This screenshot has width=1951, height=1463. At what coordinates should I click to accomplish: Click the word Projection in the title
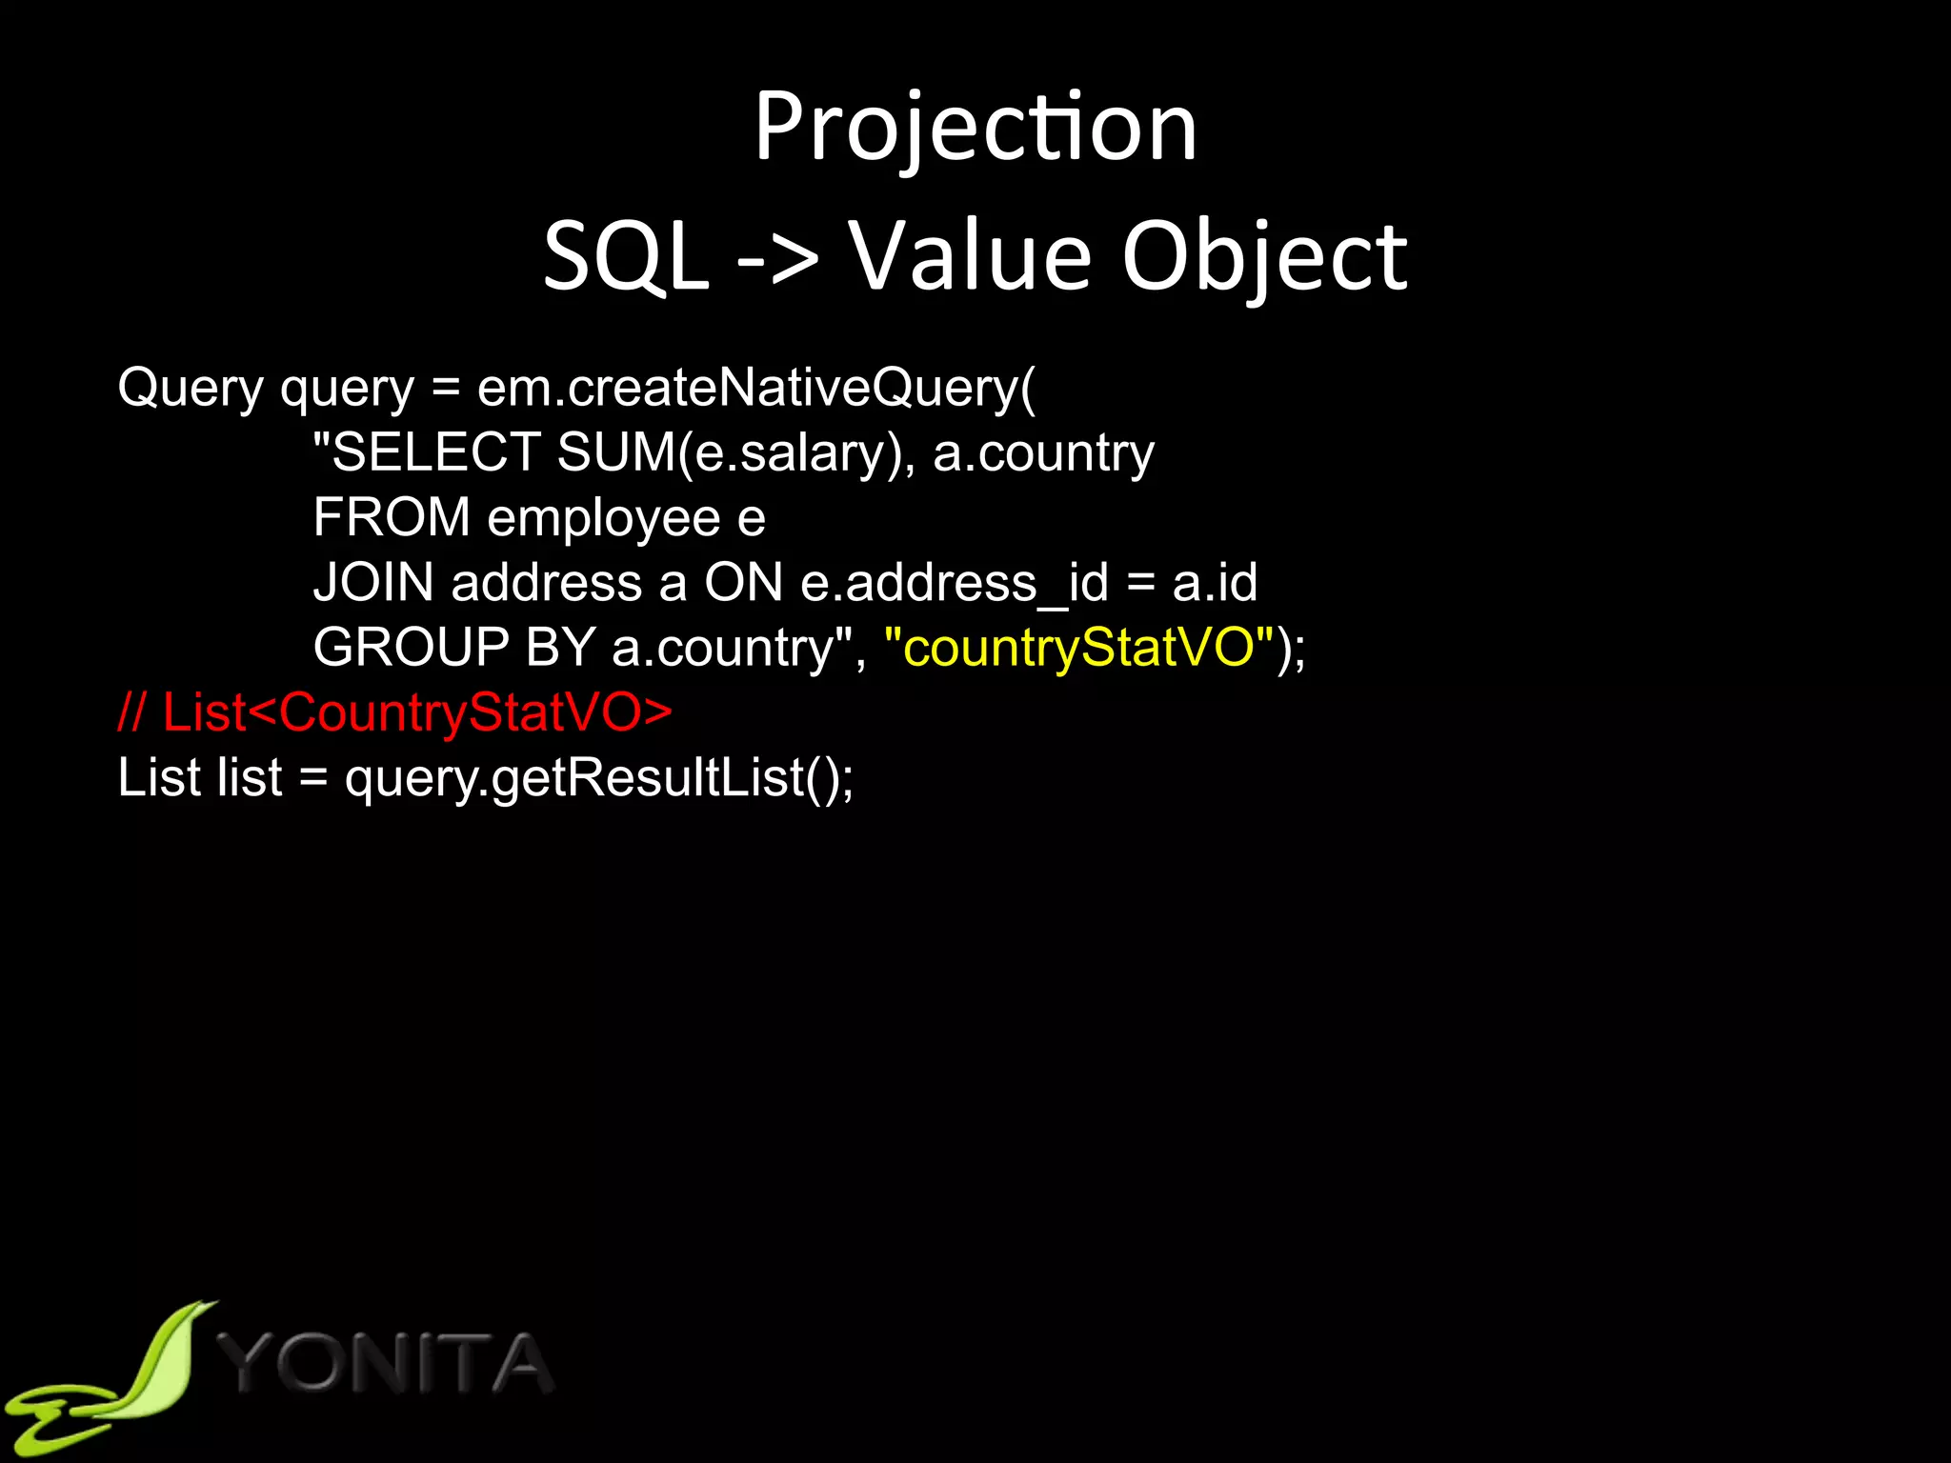pos(975,129)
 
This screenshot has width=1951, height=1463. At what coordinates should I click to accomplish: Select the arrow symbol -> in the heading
pos(777,257)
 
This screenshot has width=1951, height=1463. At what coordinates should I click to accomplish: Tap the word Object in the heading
pos(1264,257)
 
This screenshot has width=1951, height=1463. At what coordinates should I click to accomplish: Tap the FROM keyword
pos(392,517)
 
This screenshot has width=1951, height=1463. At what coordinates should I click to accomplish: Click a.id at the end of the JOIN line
pos(1215,582)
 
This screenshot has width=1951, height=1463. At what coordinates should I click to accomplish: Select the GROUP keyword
pos(411,648)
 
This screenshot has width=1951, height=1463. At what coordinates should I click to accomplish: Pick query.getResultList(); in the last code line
pos(599,778)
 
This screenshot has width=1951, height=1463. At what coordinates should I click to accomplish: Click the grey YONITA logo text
pos(386,1364)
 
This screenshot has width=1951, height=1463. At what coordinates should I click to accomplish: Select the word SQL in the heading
pos(626,257)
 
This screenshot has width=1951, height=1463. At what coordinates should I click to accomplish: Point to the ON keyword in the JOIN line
pos(743,582)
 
